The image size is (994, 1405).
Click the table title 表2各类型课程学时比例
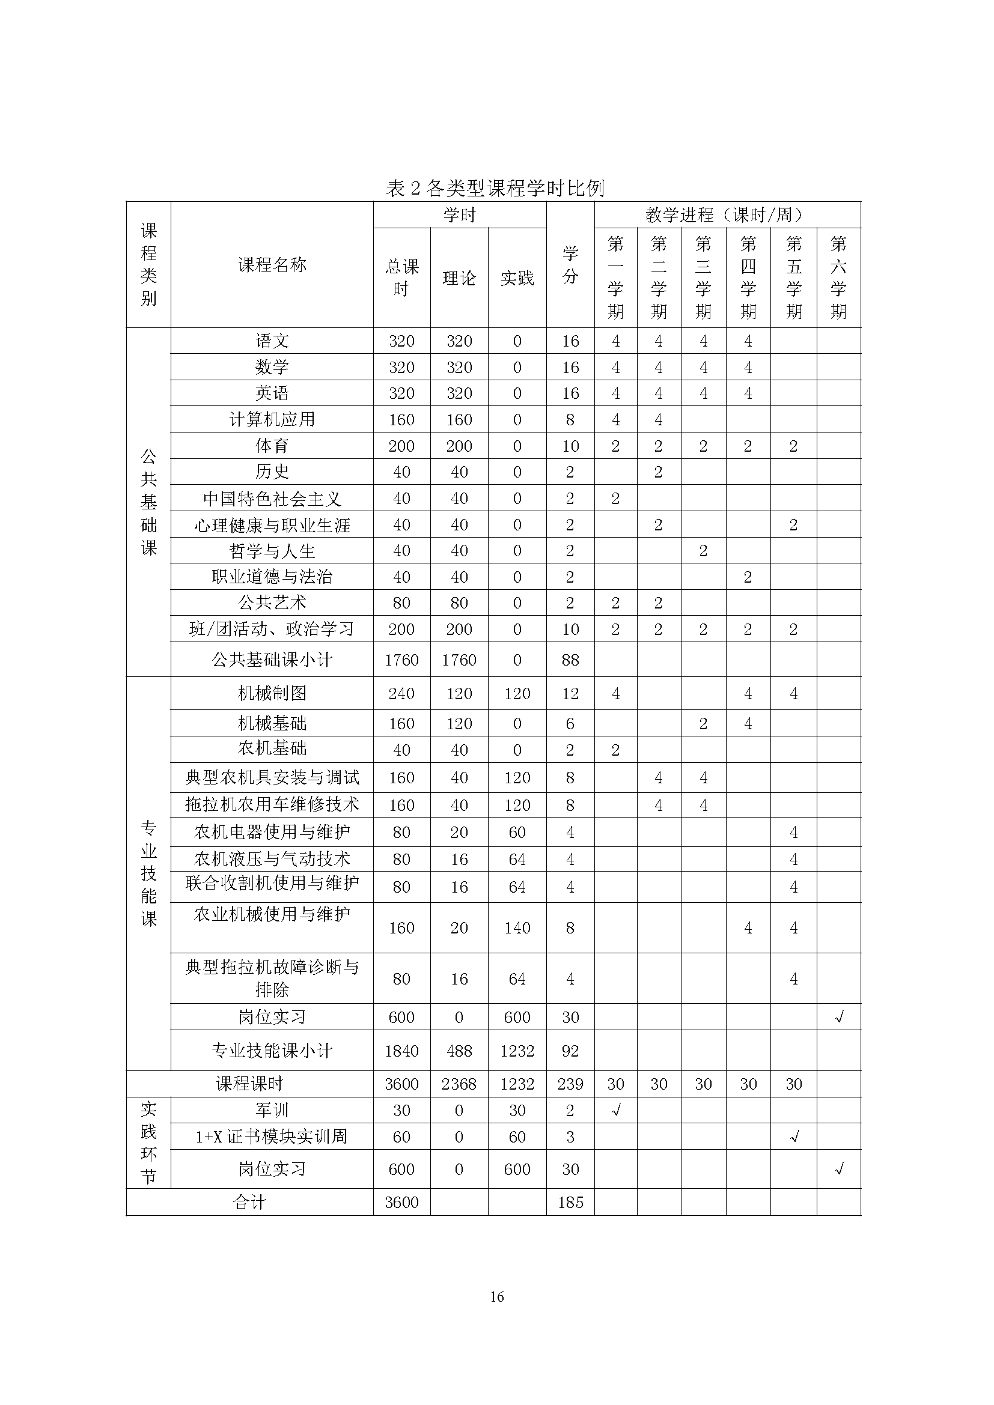(x=495, y=188)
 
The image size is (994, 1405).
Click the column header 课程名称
(x=272, y=265)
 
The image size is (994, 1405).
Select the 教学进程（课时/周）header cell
(x=727, y=215)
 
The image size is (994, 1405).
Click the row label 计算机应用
(x=272, y=420)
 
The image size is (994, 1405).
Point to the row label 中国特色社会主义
(x=272, y=499)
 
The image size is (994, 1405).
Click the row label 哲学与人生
(x=272, y=551)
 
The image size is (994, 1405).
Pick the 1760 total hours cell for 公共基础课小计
(x=401, y=660)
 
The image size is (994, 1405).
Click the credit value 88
(x=570, y=660)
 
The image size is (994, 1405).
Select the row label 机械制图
(x=272, y=693)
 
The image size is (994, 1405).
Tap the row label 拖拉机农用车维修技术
(x=272, y=804)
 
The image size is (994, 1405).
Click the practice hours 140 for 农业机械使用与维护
(x=517, y=927)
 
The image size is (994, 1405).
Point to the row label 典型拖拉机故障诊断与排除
(x=272, y=978)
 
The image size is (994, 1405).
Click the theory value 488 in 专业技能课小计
(x=459, y=1051)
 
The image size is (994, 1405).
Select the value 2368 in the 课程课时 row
(x=459, y=1084)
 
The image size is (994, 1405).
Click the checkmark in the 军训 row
(x=616, y=1110)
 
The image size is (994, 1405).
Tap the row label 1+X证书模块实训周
(x=272, y=1136)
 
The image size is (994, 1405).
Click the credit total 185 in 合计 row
(x=570, y=1202)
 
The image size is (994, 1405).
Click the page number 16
(x=496, y=1296)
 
